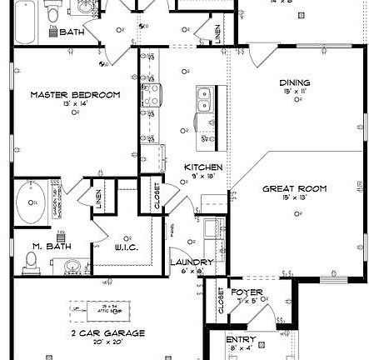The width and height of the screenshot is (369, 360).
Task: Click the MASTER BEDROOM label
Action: coord(75,94)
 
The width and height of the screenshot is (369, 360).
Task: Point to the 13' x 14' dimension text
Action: coord(75,103)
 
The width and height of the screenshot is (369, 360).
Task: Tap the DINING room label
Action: coord(295,82)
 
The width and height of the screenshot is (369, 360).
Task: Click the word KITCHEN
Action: coord(203,167)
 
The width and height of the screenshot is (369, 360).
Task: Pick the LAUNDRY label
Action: coord(192,262)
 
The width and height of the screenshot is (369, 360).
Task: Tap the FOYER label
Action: coord(247,292)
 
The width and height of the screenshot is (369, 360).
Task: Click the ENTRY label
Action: coord(242,340)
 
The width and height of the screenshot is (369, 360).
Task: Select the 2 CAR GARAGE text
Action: coord(107,332)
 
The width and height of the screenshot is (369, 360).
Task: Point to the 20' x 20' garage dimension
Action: coord(107,341)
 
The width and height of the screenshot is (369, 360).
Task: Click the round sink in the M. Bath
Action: coord(72,267)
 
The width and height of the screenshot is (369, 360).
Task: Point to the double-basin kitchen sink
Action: coord(202,100)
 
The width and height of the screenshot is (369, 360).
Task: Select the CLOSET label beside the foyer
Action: coord(221,301)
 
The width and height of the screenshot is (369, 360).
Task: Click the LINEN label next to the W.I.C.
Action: coord(99,198)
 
